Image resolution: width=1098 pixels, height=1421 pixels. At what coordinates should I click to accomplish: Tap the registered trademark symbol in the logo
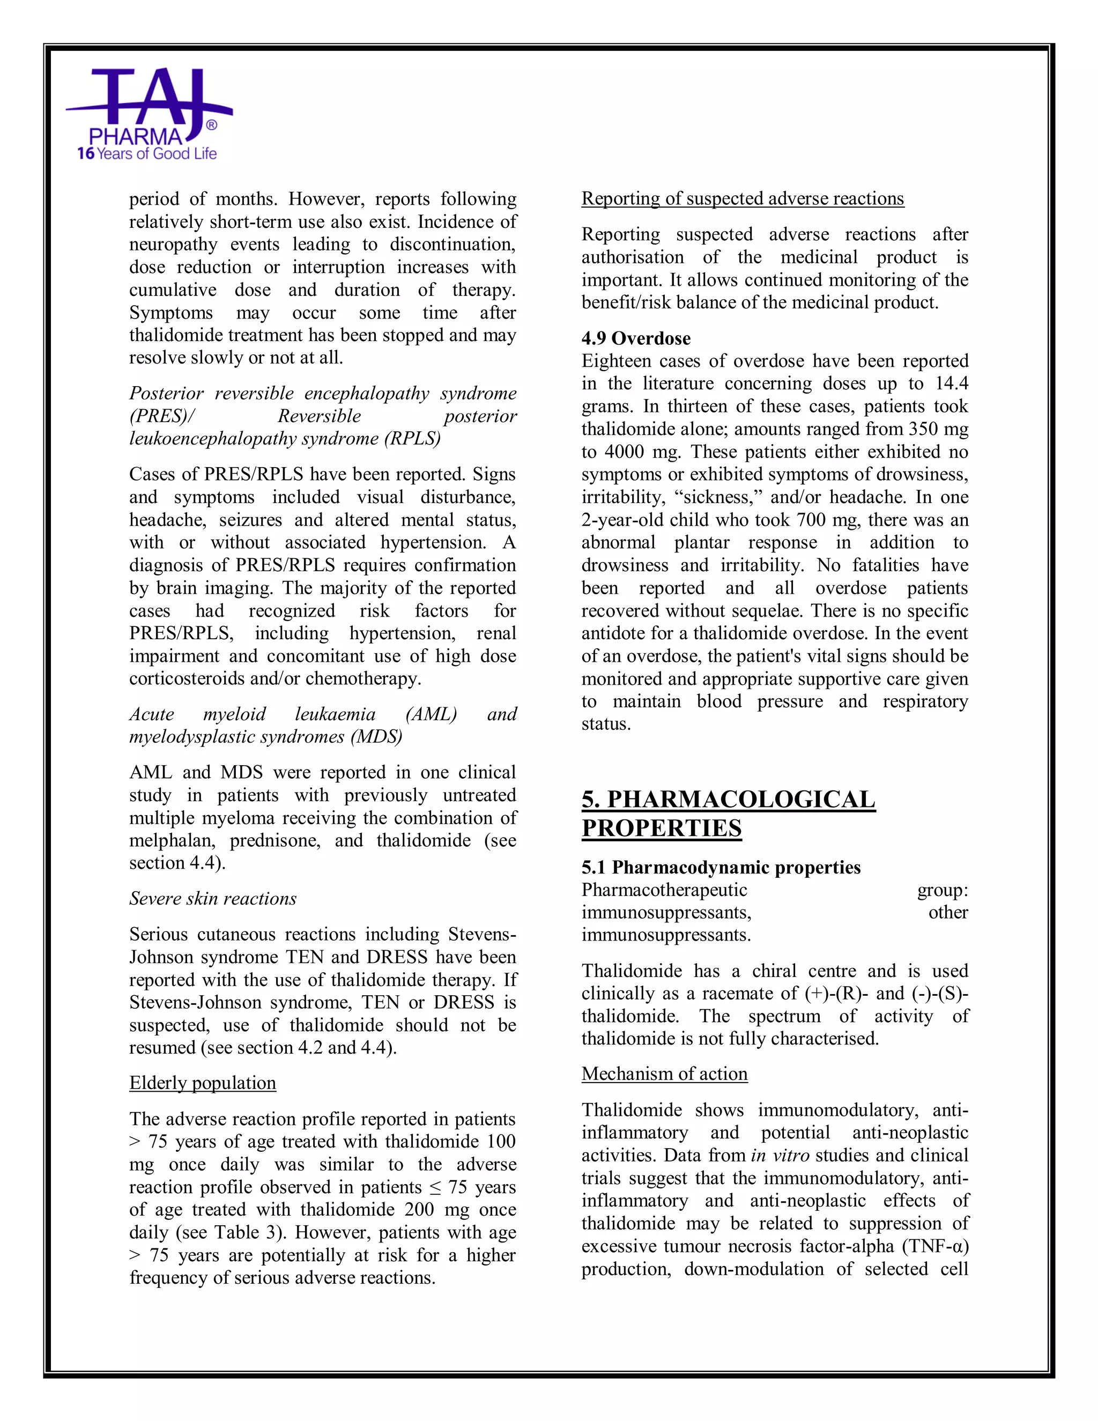point(211,125)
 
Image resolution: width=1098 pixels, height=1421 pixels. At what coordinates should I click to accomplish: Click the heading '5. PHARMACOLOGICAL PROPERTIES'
point(728,813)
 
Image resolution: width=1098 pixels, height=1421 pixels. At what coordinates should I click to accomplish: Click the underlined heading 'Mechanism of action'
point(664,1074)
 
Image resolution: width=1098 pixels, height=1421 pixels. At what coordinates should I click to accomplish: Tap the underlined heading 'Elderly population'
point(202,1083)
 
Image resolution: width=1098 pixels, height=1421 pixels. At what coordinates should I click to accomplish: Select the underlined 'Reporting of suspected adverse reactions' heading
point(742,198)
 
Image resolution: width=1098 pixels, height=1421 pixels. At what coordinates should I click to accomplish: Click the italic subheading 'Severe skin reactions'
point(213,899)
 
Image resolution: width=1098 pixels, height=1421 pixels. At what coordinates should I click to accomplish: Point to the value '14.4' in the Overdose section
point(951,384)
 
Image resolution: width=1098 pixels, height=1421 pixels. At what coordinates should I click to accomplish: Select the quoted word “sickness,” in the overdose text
point(716,497)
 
